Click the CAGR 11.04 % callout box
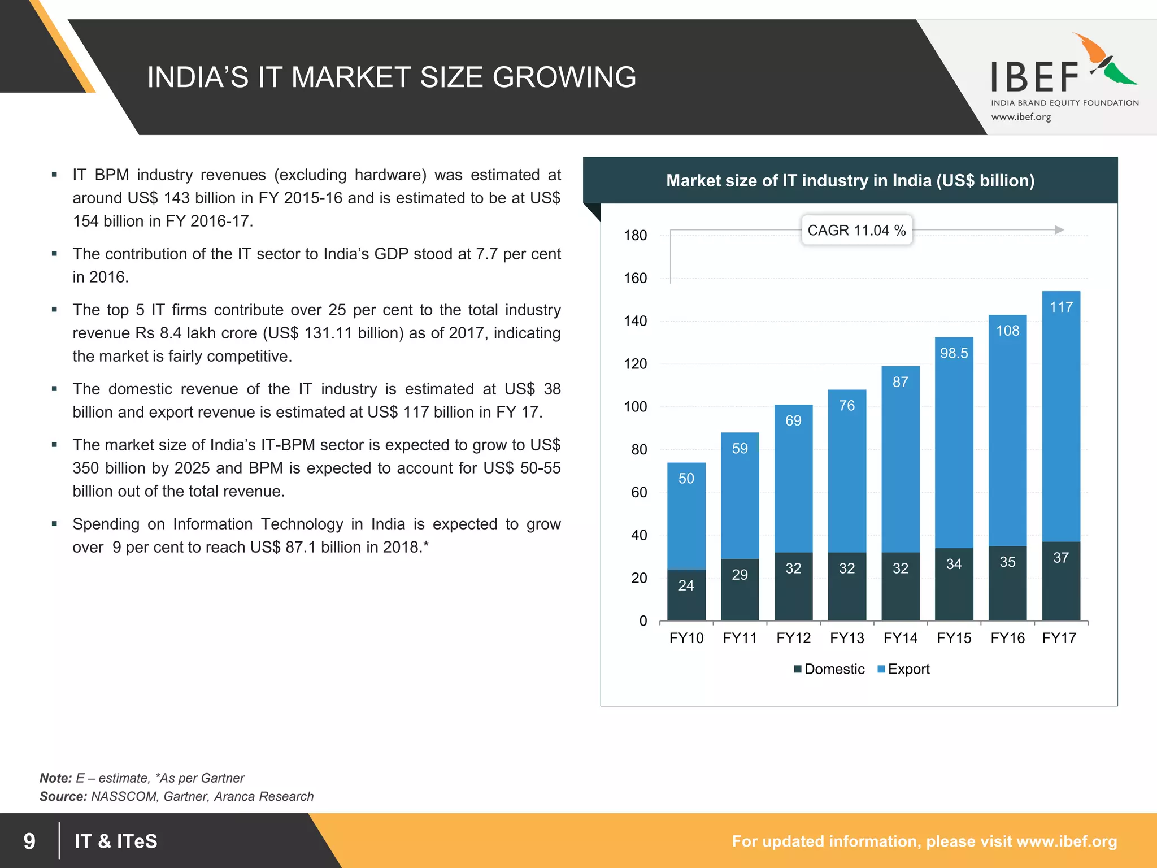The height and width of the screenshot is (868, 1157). click(856, 230)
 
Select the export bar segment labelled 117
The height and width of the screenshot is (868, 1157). click(1061, 416)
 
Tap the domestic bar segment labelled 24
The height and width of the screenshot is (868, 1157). click(686, 594)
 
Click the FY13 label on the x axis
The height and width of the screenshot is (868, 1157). click(847, 638)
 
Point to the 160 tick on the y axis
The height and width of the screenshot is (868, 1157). click(635, 278)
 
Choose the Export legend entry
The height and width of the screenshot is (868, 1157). click(903, 669)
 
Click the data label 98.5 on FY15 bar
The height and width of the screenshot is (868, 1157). click(954, 353)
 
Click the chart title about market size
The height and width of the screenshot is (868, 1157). click(850, 180)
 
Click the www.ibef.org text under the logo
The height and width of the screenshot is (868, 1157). click(1021, 117)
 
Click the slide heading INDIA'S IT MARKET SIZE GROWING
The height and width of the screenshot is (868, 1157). click(392, 77)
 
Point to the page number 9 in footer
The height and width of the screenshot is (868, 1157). click(29, 841)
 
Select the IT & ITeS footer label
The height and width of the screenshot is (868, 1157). click(116, 841)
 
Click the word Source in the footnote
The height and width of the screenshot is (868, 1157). click(62, 796)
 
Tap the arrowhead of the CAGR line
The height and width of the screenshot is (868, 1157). click(1059, 230)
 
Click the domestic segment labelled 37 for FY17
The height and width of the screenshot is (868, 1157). click(1061, 581)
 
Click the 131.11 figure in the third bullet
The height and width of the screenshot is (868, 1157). click(327, 333)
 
